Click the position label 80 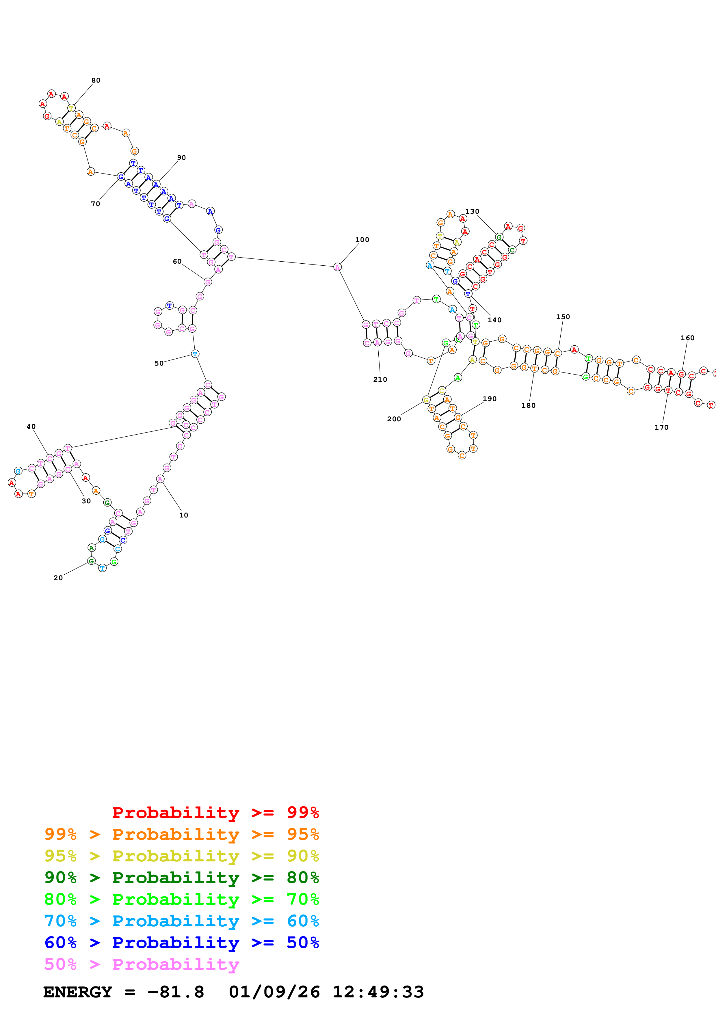click(x=96, y=80)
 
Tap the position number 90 click(x=181, y=157)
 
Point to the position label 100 click(x=362, y=240)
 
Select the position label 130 click(x=472, y=211)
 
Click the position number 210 click(x=380, y=379)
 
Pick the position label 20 click(x=58, y=578)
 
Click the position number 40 click(x=31, y=427)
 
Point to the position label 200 click(x=394, y=419)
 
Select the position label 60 click(x=177, y=262)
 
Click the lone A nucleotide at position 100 click(x=337, y=267)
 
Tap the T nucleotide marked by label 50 click(x=195, y=354)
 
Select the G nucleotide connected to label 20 click(x=91, y=561)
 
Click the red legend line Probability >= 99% click(x=215, y=813)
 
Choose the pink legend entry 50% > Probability click(x=142, y=964)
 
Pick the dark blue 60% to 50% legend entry click(x=181, y=943)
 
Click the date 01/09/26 click(x=274, y=992)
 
